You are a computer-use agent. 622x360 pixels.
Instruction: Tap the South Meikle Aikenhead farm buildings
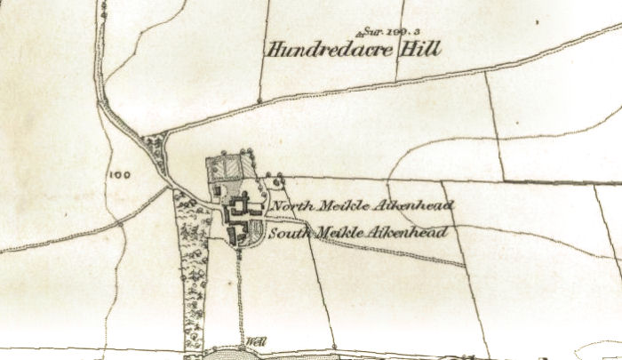point(237,235)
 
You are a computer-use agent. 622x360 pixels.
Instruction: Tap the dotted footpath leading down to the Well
point(240,293)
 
